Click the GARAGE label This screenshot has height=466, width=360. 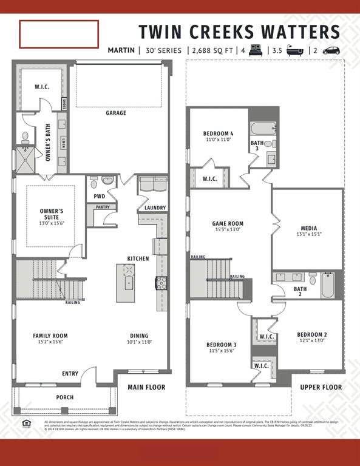116,113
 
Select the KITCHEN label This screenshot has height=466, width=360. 138,258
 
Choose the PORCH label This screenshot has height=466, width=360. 65,397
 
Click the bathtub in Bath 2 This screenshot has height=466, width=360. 328,285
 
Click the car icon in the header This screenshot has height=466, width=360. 331,50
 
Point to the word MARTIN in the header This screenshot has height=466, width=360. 121,50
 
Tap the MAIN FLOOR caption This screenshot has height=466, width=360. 146,387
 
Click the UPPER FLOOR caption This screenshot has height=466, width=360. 321,387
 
